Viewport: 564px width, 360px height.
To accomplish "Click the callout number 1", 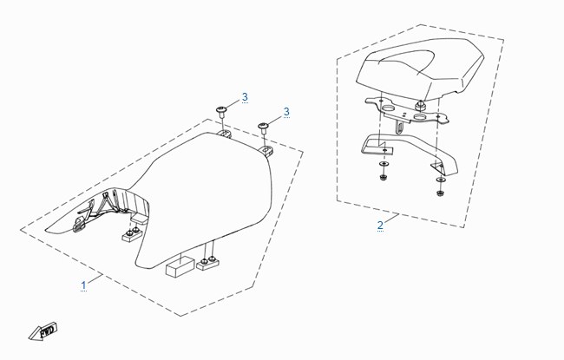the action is coord(84,285).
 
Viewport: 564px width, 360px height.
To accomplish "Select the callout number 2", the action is coord(380,226).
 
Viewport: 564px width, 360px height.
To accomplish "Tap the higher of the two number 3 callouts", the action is coord(245,97).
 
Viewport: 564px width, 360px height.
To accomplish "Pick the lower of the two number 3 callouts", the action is coord(286,112).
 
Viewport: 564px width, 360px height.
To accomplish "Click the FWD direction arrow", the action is coord(43,331).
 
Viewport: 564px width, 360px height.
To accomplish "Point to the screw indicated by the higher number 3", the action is coord(221,111).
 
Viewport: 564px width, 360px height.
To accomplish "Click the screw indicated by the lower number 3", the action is coord(263,128).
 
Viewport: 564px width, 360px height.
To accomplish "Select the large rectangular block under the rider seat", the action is coord(180,266).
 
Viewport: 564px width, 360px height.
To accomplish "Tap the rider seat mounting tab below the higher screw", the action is coord(226,134).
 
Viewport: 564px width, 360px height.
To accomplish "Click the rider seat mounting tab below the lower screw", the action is coord(267,150).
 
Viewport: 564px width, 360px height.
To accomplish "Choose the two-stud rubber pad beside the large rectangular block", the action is coord(208,264).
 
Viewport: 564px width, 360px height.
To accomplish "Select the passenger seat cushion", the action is coord(420,69).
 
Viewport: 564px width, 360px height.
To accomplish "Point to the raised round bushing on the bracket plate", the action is coord(419,106).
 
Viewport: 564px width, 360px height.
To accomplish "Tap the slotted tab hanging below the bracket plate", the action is coord(400,127).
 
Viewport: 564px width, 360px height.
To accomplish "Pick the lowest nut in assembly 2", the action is coord(439,193).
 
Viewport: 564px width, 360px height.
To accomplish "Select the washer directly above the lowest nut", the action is coord(440,180).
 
